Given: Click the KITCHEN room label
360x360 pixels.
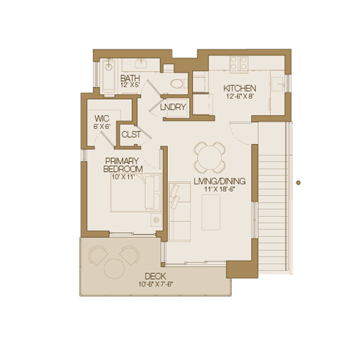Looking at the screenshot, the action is click(x=239, y=88).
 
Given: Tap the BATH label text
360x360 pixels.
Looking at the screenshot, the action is click(x=130, y=78).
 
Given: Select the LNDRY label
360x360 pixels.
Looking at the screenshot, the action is click(x=173, y=107).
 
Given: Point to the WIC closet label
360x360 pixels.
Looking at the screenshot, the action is click(x=102, y=118).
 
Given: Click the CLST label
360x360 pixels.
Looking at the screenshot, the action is click(x=130, y=134).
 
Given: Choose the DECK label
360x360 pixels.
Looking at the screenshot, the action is click(x=155, y=276).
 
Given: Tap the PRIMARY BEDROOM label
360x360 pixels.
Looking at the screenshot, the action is click(x=122, y=165).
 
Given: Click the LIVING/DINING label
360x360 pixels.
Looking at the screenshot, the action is click(x=220, y=181).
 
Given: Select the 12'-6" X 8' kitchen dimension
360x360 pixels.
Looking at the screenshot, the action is click(x=240, y=96).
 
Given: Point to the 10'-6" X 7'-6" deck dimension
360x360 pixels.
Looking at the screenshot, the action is click(x=156, y=284).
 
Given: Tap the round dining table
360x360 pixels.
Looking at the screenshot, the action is click(x=210, y=157).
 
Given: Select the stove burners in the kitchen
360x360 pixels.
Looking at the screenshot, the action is click(x=238, y=63).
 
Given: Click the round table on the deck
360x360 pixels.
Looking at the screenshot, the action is click(x=114, y=268).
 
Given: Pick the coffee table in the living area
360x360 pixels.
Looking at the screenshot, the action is click(x=211, y=212).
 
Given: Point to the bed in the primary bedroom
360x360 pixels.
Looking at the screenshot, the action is click(x=136, y=193).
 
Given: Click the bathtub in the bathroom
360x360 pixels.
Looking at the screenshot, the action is click(x=109, y=76).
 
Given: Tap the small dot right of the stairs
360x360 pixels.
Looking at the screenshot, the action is click(x=298, y=183).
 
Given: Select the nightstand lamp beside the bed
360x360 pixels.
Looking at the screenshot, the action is click(x=156, y=220).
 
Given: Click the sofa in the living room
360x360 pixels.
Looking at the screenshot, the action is click(x=180, y=211).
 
